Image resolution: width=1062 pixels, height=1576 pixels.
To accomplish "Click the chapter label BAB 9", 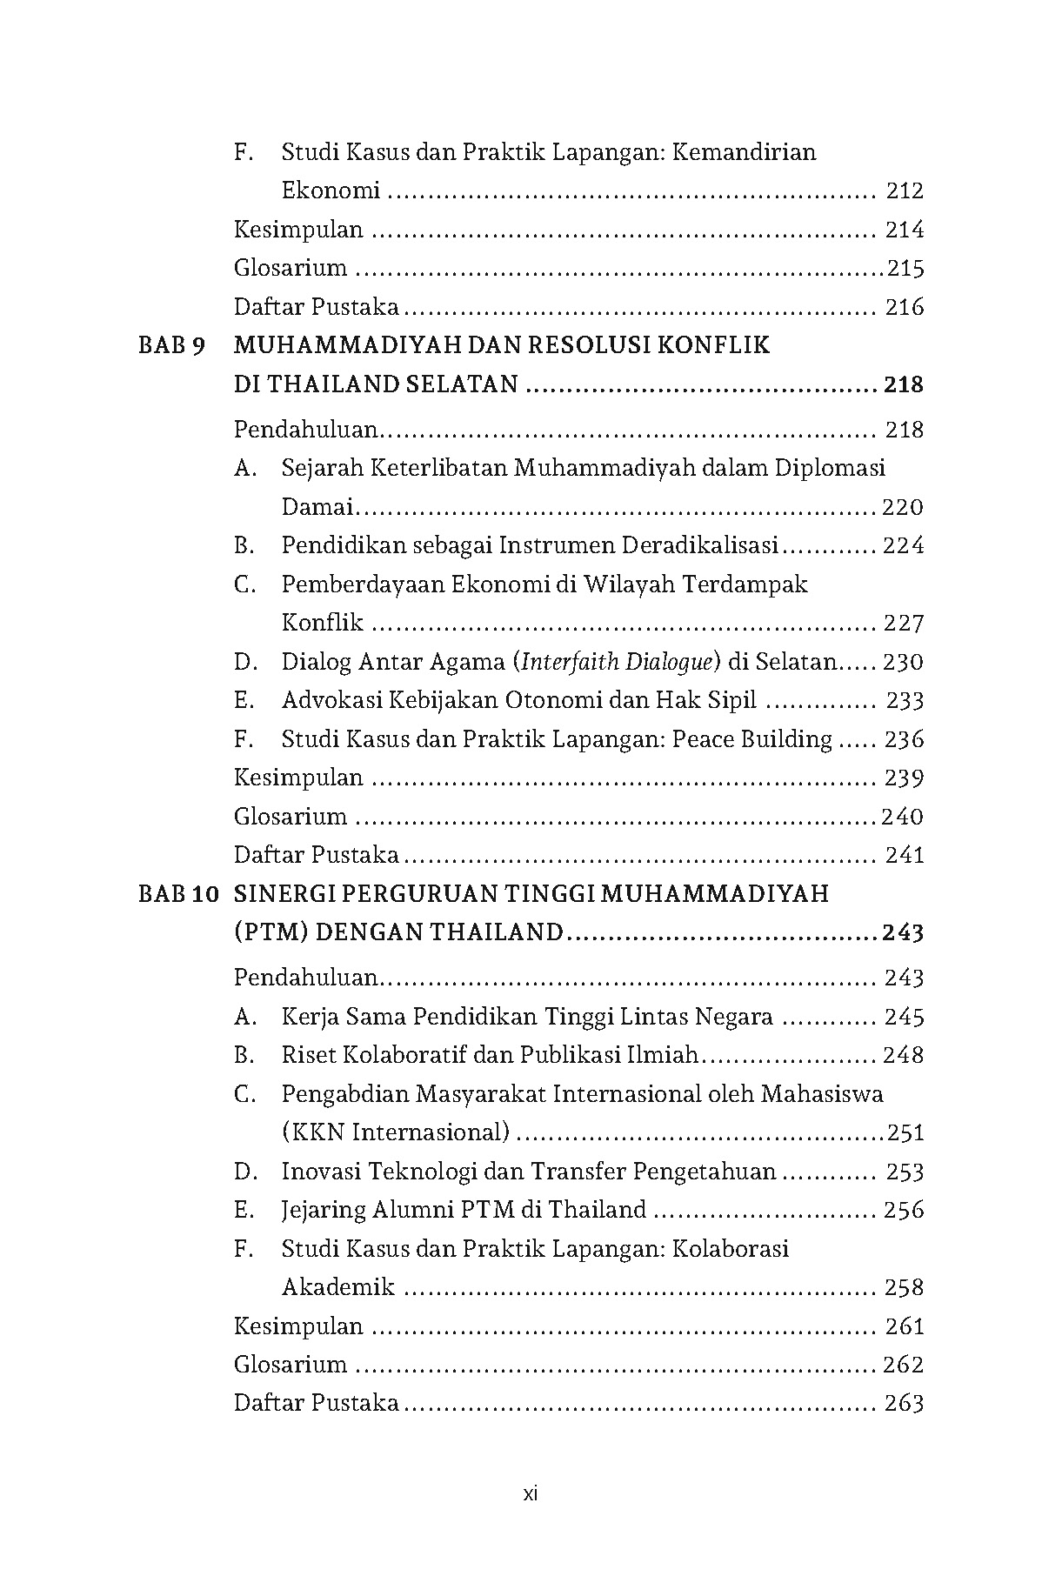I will [x=172, y=346].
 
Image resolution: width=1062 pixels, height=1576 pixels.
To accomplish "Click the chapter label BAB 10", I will [x=177, y=894].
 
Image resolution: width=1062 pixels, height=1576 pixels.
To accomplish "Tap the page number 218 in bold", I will [x=902, y=384].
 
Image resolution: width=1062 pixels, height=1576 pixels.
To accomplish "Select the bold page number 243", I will [x=902, y=933].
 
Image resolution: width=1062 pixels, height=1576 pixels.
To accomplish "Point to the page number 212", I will [x=904, y=190].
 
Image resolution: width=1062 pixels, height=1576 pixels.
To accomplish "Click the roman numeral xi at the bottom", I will [x=531, y=1494].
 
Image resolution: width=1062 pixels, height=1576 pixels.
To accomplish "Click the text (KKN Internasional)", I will [x=396, y=1132].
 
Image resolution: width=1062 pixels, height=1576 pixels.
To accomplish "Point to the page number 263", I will [x=903, y=1403].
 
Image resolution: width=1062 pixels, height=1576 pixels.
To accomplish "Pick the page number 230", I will [x=903, y=662].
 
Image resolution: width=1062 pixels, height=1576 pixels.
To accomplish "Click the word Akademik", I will [x=338, y=1287].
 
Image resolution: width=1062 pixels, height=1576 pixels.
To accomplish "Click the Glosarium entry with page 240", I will [x=291, y=817].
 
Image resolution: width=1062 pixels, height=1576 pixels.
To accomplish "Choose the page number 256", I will [x=903, y=1210].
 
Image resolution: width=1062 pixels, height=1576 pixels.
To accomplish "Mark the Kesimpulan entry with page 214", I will [x=298, y=230].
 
